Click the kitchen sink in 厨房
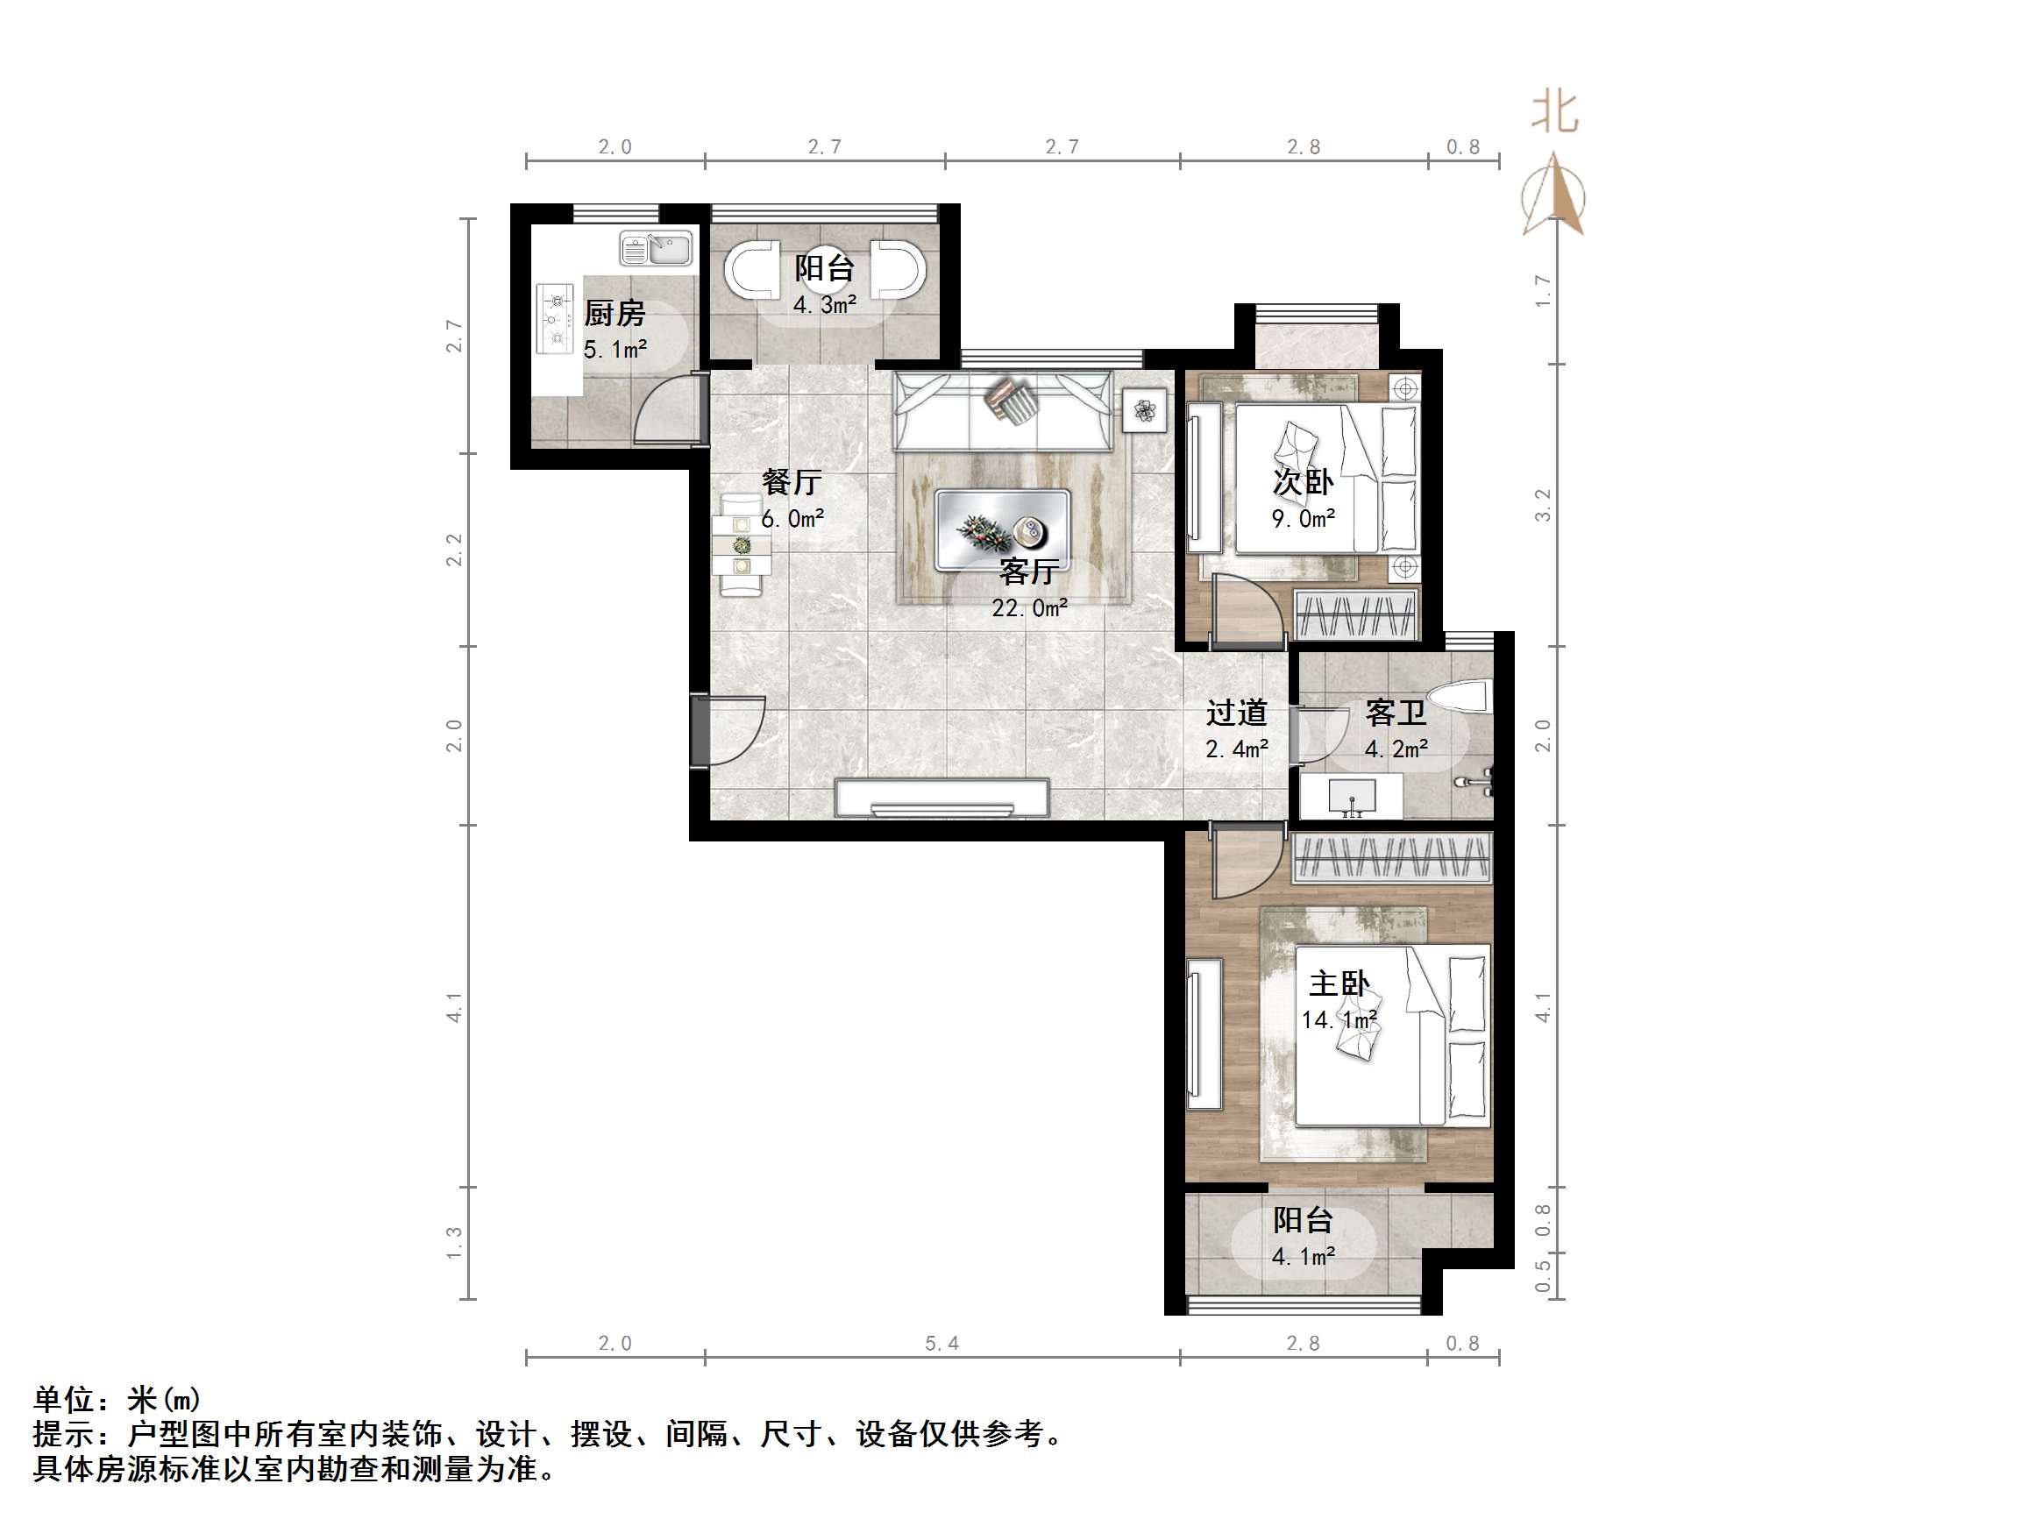click(656, 248)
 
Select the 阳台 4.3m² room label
click(824, 285)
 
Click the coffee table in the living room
click(1003, 530)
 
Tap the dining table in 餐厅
click(742, 546)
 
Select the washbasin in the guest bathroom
click(1351, 795)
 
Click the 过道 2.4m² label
click(1236, 730)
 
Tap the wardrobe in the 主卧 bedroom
click(1390, 858)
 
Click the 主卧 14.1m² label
click(1339, 1001)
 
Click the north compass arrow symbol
click(1553, 196)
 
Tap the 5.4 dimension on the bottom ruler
click(941, 1343)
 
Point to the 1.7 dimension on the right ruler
click(1543, 290)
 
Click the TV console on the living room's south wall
click(942, 797)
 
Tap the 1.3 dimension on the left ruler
click(454, 1243)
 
